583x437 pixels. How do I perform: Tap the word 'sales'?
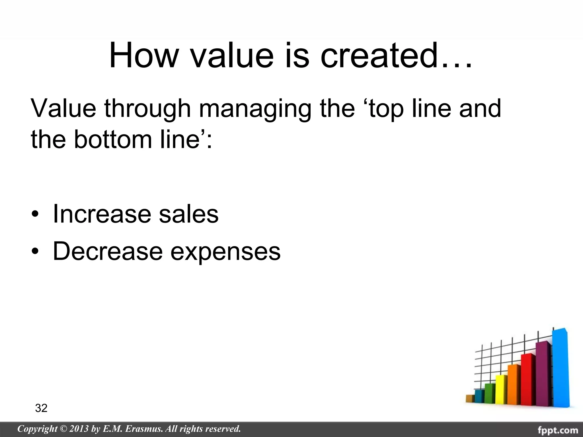click(189, 214)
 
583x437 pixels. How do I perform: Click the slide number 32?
click(41, 408)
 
